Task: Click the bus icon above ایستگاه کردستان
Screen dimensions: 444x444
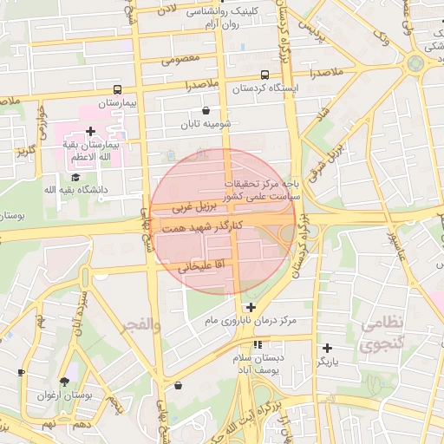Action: (264, 75)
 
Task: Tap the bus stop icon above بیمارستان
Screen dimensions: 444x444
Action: (117, 89)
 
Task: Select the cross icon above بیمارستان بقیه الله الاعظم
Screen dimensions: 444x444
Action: (90, 130)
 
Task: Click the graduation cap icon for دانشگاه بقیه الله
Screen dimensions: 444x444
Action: (88, 176)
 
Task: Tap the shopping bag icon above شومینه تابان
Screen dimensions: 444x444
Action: (206, 111)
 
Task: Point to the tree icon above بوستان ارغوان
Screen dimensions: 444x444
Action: (65, 382)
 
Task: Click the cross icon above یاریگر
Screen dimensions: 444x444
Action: (327, 348)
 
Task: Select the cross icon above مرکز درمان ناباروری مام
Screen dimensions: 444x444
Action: (251, 308)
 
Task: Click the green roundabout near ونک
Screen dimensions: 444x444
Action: (415, 62)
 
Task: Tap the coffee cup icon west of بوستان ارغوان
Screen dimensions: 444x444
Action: (22, 372)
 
